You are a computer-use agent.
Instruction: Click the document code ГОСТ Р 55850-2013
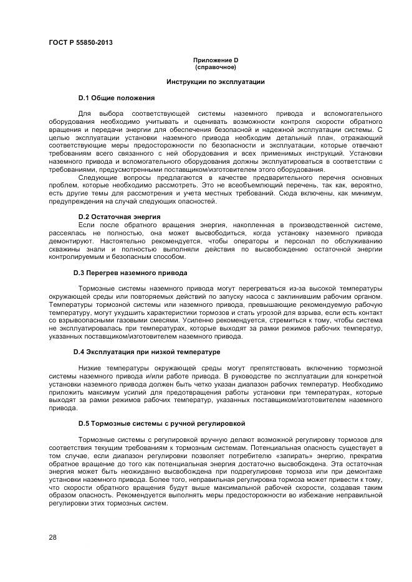(80, 43)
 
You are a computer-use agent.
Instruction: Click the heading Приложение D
(216, 60)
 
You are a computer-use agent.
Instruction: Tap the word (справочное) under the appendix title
(216, 66)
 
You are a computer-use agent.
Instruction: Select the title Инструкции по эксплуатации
(216, 82)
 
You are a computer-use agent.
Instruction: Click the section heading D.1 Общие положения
(116, 98)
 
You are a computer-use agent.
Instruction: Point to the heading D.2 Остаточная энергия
(117, 217)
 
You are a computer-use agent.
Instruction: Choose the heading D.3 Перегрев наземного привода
(130, 273)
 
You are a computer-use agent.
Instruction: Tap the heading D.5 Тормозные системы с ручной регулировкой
(158, 423)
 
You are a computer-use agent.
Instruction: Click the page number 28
(52, 537)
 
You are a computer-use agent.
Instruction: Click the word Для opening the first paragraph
(85, 113)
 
